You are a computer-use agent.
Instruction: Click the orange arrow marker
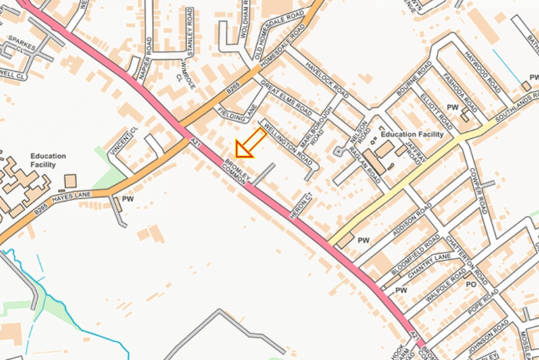click(250, 144)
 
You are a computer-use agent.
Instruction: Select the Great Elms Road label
click(286, 98)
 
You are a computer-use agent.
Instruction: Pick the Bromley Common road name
click(234, 173)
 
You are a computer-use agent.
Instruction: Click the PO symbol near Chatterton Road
click(471, 284)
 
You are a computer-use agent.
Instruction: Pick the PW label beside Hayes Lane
click(128, 198)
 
